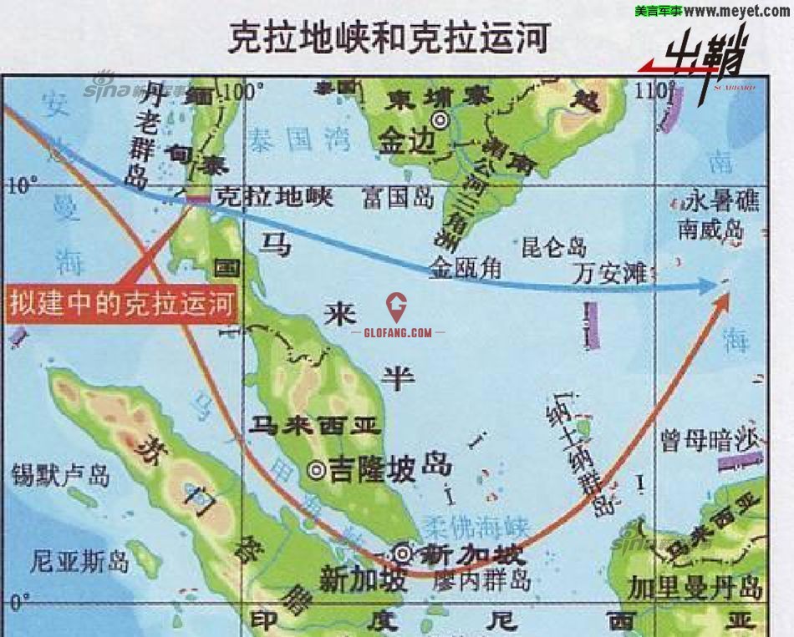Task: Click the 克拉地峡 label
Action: click(274, 197)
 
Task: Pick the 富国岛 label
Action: click(398, 198)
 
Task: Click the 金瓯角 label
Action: click(466, 267)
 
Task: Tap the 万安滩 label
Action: click(613, 272)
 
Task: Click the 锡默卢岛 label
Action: click(61, 476)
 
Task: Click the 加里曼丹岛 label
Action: click(696, 586)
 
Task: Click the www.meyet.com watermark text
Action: click(738, 11)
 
